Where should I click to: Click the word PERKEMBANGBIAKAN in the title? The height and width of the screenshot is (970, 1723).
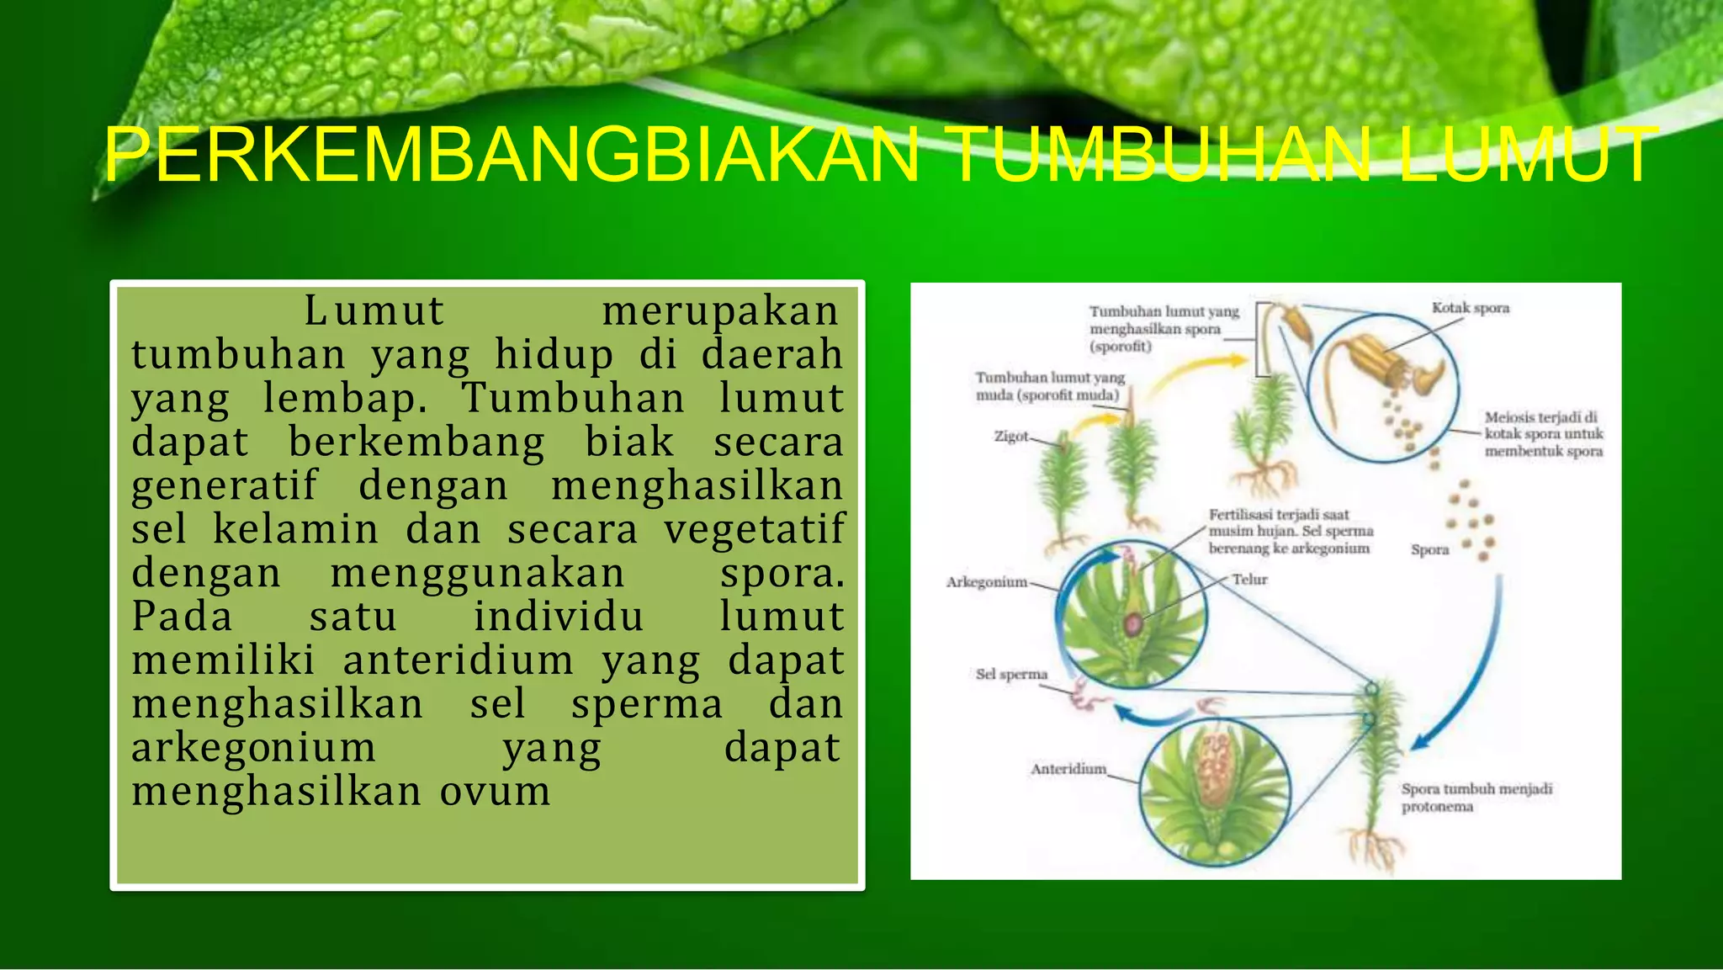coord(512,155)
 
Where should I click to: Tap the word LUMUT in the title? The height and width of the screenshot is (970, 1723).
coord(1527,155)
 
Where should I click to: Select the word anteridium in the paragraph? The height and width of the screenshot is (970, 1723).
coord(458,660)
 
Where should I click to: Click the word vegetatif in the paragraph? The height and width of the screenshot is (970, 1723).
coord(754,529)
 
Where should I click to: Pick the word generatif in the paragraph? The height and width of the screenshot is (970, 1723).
coord(225,485)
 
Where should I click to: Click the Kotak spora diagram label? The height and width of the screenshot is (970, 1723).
coord(1470,308)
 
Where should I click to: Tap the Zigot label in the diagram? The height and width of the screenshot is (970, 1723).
coord(1010,436)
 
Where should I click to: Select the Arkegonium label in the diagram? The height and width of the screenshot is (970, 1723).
coord(986,581)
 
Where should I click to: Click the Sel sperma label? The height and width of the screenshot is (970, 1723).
coord(1010,674)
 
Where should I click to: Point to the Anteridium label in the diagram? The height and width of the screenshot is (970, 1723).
coord(1068,768)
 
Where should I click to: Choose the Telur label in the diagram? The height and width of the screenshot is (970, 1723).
coord(1249,579)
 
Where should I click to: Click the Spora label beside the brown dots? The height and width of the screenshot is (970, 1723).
coord(1429,549)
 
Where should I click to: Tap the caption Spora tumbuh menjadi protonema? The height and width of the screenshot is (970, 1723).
coord(1476,798)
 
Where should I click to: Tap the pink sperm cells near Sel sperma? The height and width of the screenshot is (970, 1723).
coord(1085,698)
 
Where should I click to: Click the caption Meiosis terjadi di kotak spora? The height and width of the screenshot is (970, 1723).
coord(1543,434)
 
